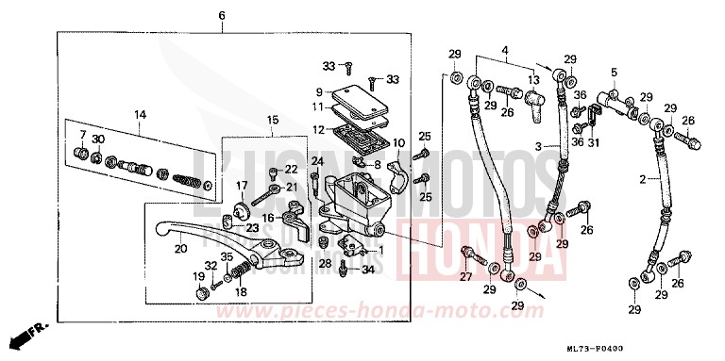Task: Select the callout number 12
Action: coord(320,128)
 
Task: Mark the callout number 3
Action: coord(539,147)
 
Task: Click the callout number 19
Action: coord(198,277)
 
